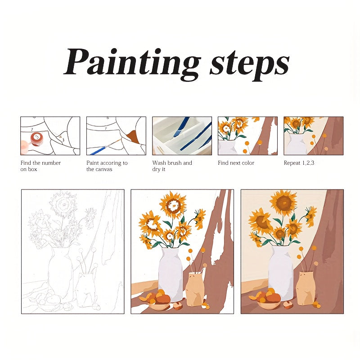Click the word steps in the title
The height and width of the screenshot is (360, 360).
(x=249, y=65)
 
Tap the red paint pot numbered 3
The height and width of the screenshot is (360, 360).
(x=36, y=139)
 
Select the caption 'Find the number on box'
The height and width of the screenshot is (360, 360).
(x=40, y=166)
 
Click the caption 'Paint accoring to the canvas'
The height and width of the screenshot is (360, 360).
(x=107, y=166)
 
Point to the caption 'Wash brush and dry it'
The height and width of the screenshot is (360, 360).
(x=172, y=166)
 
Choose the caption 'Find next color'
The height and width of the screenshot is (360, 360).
(x=236, y=163)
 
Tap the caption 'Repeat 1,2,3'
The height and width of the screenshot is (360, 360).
(x=299, y=163)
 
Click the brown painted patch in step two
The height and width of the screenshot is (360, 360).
(x=133, y=136)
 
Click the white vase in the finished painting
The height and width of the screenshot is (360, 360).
(x=281, y=273)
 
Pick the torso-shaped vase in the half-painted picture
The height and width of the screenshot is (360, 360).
(x=195, y=289)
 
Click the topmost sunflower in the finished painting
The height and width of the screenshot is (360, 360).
(x=284, y=202)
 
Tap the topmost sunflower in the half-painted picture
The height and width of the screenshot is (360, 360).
(x=173, y=204)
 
